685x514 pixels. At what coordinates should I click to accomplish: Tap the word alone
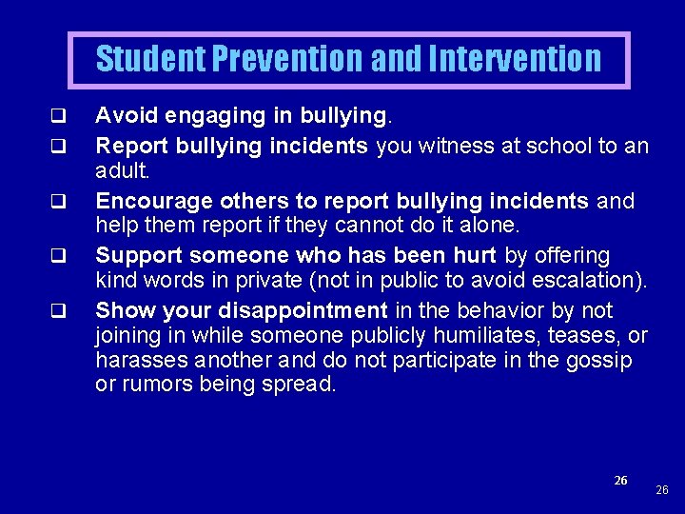488,227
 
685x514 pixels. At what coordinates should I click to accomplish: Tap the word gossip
598,361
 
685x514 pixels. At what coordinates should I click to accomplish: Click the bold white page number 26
620,481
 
